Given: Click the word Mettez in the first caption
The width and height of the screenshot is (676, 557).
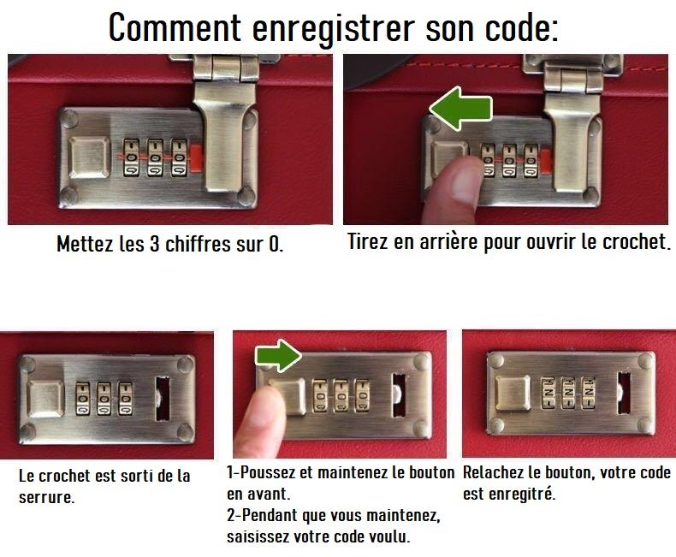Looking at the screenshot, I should click(83, 244).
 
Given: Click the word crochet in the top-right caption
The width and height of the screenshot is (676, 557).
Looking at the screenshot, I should click(632, 241).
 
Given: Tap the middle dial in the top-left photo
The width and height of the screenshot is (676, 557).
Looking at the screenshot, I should click(156, 158).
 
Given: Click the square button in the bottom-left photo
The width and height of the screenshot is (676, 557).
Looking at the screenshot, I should click(47, 400).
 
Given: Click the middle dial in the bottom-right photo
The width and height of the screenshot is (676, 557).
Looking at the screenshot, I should click(566, 393).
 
